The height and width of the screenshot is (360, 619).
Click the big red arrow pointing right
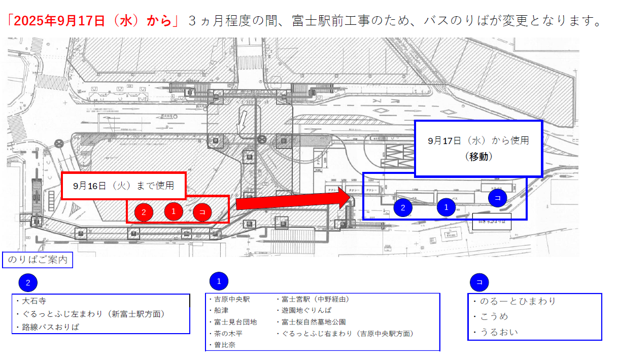pyautogui.click(x=294, y=202)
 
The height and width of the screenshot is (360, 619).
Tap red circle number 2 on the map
pyautogui.click(x=144, y=212)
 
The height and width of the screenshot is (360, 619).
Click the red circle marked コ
pyautogui.click(x=202, y=212)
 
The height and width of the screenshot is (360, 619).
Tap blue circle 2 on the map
pyautogui.click(x=403, y=207)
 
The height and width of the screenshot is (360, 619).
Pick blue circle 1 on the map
pyautogui.click(x=446, y=207)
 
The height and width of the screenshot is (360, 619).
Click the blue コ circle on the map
pyautogui.click(x=497, y=198)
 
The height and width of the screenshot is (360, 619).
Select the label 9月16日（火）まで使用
pyautogui.click(x=123, y=186)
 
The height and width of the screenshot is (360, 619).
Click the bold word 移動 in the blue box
pyautogui.click(x=478, y=157)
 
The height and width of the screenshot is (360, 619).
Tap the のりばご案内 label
pyautogui.click(x=38, y=261)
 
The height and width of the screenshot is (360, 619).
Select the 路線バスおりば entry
pyautogui.click(x=51, y=327)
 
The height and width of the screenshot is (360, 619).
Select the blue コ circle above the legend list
pyautogui.click(x=479, y=281)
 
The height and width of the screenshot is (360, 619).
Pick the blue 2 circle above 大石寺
pyautogui.click(x=28, y=283)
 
